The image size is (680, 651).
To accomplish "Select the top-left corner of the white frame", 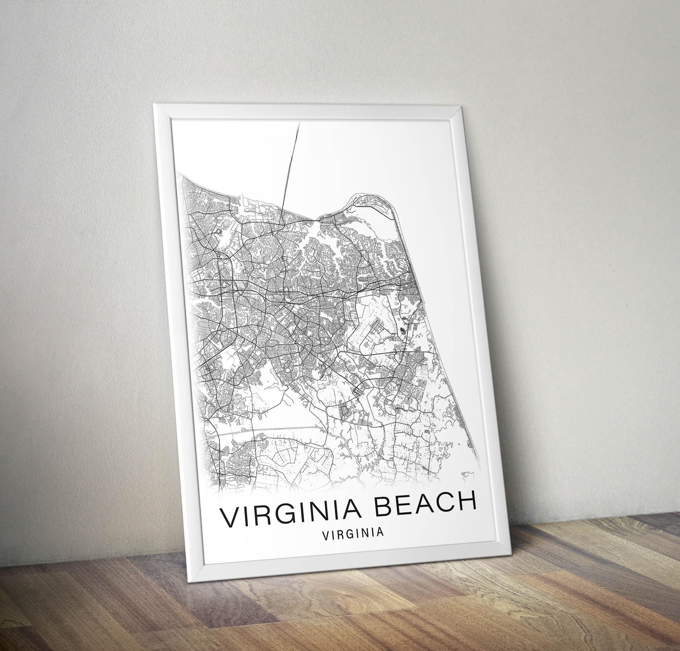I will [x=155, y=104].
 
